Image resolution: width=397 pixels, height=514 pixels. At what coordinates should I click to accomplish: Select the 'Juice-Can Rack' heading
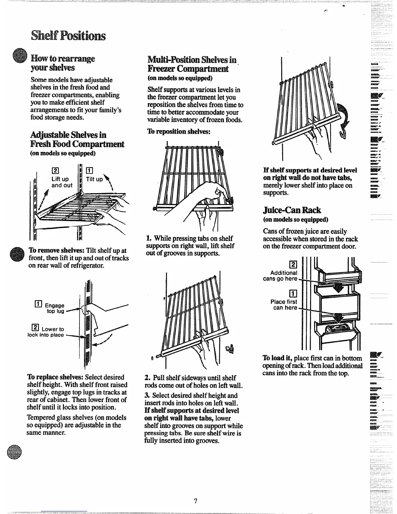pyautogui.click(x=292, y=210)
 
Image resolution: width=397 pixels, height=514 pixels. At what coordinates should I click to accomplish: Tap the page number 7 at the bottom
pyautogui.click(x=196, y=501)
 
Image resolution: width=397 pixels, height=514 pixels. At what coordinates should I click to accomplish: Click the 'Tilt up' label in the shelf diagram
pyautogui.click(x=94, y=179)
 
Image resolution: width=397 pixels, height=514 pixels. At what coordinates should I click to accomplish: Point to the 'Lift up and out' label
pyautogui.click(x=62, y=182)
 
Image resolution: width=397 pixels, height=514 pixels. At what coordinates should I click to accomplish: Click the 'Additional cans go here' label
pyautogui.click(x=283, y=276)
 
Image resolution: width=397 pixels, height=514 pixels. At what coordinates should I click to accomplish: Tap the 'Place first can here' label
pyautogui.click(x=284, y=305)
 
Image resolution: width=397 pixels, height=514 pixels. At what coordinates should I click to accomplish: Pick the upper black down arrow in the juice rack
pyautogui.click(x=339, y=286)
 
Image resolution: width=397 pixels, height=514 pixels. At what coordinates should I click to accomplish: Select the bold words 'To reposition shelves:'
pyautogui.click(x=179, y=131)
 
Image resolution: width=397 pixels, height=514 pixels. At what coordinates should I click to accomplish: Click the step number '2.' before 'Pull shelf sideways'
pyautogui.click(x=147, y=378)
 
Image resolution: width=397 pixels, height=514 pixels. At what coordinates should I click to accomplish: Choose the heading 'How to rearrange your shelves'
pyautogui.click(x=62, y=63)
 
